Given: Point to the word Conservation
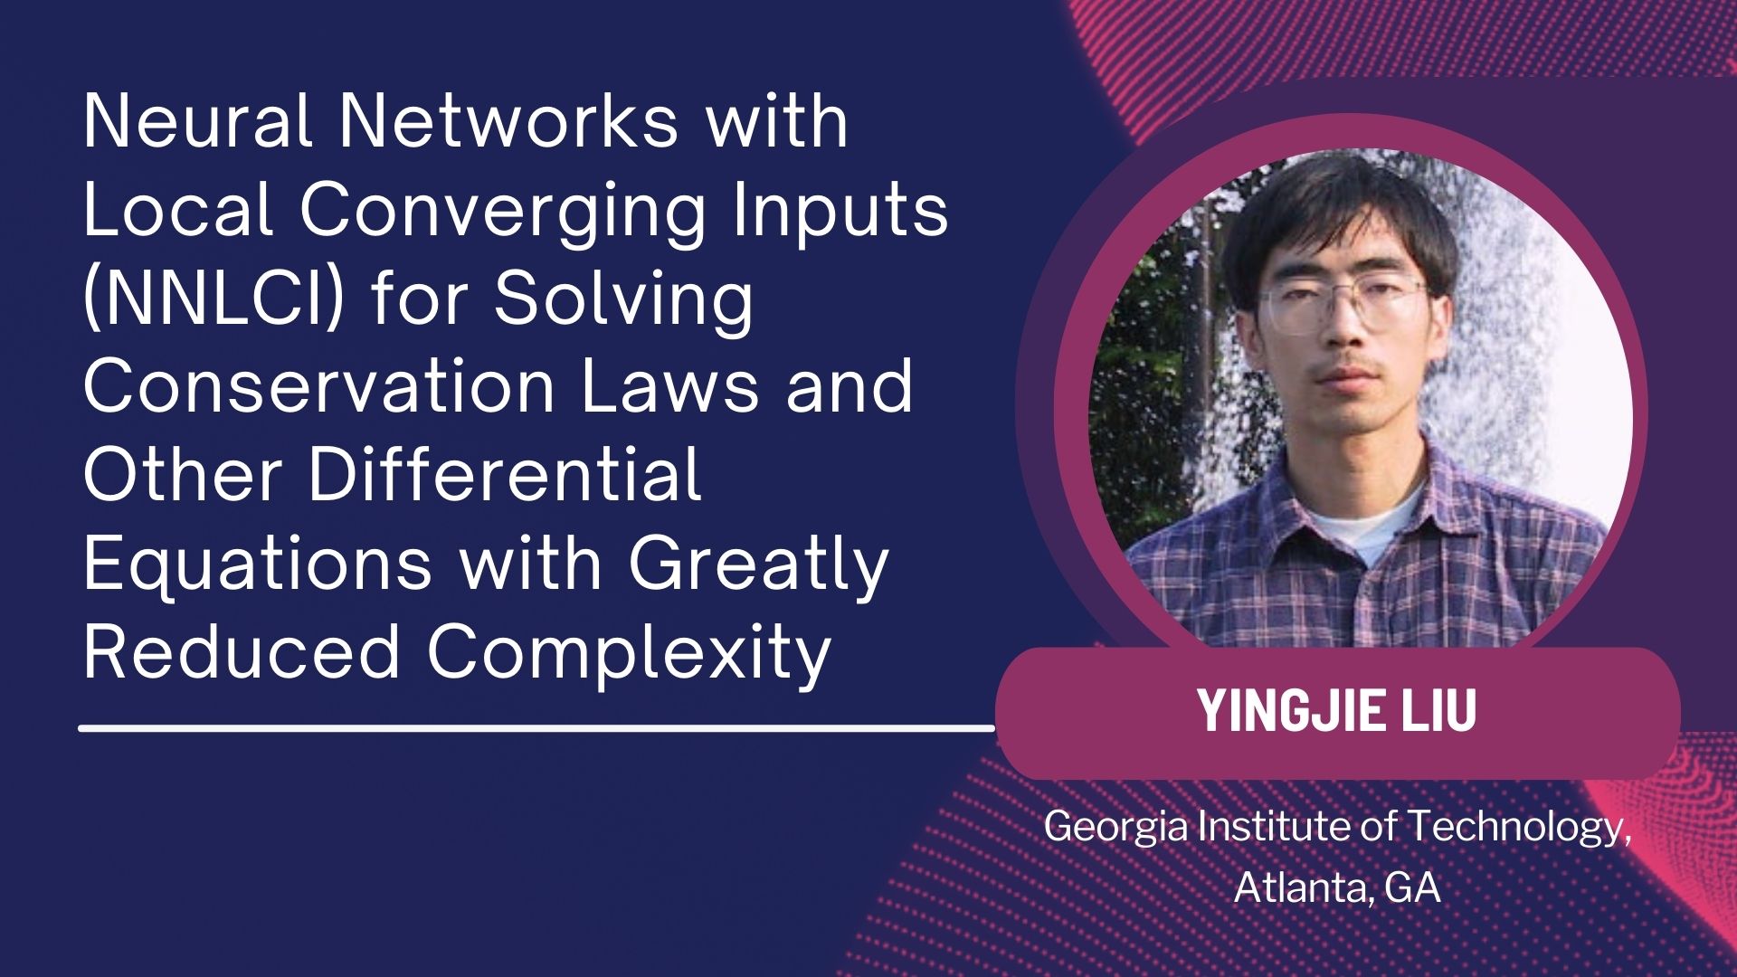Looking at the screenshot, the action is [x=319, y=386].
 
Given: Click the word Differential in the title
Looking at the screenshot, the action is [x=505, y=475].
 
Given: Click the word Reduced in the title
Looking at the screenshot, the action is [x=242, y=651].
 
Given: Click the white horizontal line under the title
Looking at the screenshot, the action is [x=536, y=726].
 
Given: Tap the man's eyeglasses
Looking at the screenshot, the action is [x=1343, y=305].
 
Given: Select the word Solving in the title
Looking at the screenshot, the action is [x=623, y=299].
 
